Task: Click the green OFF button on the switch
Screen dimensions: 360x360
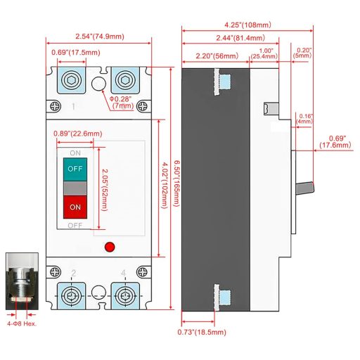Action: point(75,169)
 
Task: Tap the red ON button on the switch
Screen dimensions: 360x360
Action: point(75,207)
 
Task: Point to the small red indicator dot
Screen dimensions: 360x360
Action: point(108,247)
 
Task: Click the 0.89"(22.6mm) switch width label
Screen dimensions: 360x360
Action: point(78,133)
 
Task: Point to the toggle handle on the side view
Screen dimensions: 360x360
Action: point(306,188)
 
